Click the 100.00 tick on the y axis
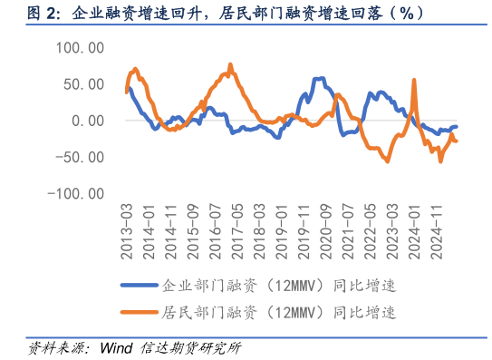coord(80,46)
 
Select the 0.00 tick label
coord(88,120)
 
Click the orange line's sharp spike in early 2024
coord(414,80)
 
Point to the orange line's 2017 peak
coord(230,64)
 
